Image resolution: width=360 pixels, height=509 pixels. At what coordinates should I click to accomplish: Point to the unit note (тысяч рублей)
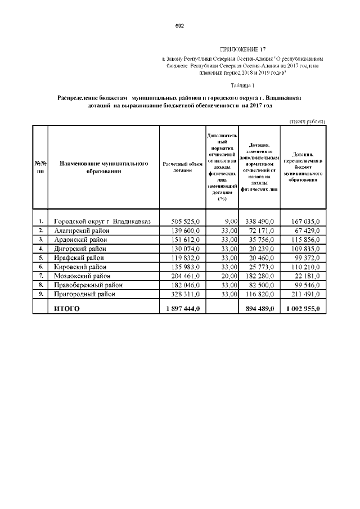click(x=307, y=121)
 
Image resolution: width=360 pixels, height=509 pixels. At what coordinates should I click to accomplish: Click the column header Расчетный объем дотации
click(x=182, y=167)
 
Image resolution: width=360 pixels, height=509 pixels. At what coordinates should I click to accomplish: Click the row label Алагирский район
click(x=82, y=231)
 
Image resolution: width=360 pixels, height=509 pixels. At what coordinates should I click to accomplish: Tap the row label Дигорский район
click(x=80, y=249)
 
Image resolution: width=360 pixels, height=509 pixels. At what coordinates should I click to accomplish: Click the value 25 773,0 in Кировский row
click(x=260, y=267)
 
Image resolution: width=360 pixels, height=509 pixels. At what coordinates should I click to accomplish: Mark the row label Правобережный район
click(x=88, y=285)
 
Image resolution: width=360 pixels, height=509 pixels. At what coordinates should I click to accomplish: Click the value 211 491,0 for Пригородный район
click(x=305, y=294)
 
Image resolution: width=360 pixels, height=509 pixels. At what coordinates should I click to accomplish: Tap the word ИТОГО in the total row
click(x=66, y=308)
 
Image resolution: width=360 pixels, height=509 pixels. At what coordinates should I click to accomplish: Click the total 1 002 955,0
click(x=303, y=308)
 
